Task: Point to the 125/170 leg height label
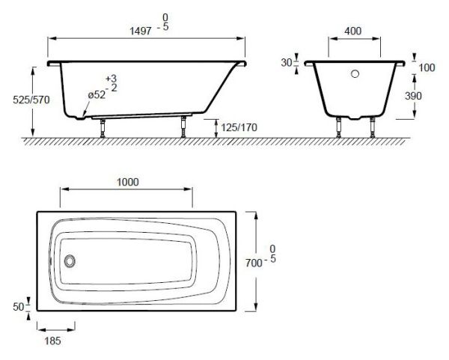(239, 127)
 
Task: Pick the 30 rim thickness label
(286, 63)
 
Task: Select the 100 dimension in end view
(427, 68)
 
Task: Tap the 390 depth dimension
(427, 95)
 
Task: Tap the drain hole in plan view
(70, 261)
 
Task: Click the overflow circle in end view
(356, 73)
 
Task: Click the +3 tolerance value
(112, 78)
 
